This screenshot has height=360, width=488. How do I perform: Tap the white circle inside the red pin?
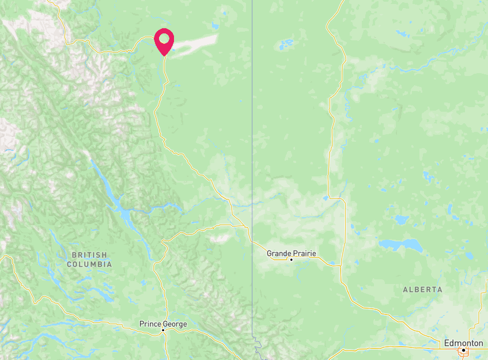[164, 39]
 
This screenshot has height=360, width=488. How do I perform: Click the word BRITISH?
[89, 255]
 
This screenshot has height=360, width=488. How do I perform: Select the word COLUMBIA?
[89, 264]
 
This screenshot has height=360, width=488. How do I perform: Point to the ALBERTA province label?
[422, 290]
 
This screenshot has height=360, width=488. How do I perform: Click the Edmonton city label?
[464, 343]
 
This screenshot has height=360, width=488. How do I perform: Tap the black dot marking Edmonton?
[463, 350]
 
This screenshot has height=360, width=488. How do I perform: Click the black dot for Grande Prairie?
[292, 260]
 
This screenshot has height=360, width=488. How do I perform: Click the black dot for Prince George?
[163, 331]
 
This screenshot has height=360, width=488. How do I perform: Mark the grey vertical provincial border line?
[252, 115]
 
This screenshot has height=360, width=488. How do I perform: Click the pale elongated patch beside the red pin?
[196, 42]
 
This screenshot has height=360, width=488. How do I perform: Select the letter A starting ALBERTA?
[405, 290]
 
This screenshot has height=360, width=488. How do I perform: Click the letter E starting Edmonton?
[447, 343]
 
